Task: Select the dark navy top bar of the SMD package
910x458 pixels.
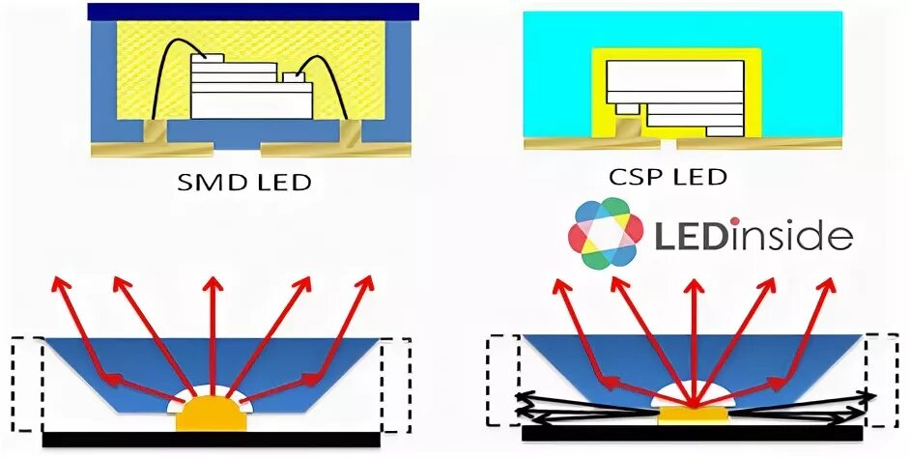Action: tap(252, 12)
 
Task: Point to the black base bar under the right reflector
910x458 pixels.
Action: tap(693, 435)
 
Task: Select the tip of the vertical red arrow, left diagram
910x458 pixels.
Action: tap(211, 281)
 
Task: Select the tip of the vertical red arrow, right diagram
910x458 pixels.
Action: tap(692, 281)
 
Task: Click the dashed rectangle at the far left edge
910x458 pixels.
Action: tap(27, 386)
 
